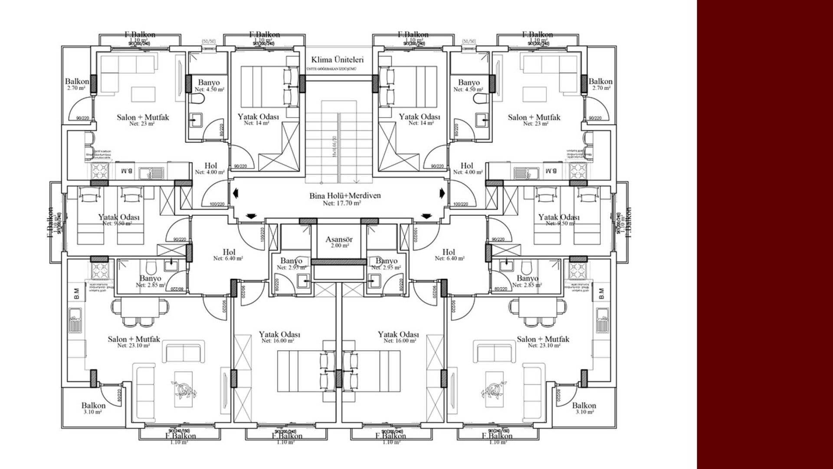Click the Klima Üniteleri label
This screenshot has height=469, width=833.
[337, 60]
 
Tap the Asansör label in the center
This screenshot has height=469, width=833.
[339, 239]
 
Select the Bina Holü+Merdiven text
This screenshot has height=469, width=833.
[345, 196]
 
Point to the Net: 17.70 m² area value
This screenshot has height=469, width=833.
[342, 203]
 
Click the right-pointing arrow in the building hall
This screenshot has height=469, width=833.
[443, 193]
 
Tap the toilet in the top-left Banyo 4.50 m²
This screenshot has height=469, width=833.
[199, 99]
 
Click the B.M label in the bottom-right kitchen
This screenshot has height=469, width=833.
[601, 294]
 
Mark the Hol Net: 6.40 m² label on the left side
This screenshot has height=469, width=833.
[229, 255]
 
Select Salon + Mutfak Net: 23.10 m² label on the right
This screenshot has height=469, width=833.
[543, 342]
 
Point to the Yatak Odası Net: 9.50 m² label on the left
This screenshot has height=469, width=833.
[118, 220]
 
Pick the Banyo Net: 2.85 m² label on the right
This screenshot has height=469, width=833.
[527, 281]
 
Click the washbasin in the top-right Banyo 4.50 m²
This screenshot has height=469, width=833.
[481, 119]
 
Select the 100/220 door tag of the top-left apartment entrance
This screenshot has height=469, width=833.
[217, 204]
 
